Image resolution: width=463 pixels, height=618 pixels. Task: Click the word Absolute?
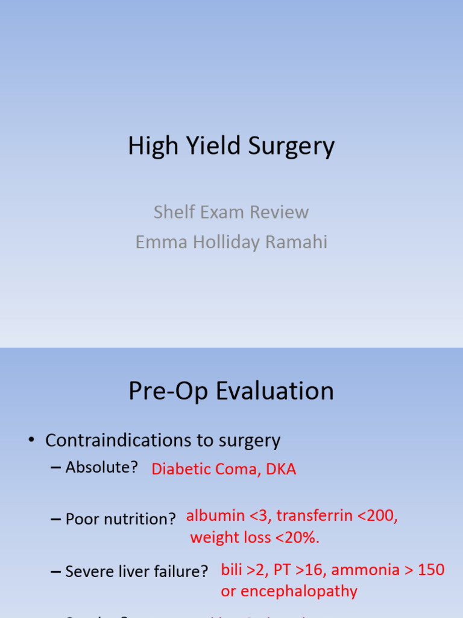pos(102,467)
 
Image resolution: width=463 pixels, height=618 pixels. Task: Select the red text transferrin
pos(313,516)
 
